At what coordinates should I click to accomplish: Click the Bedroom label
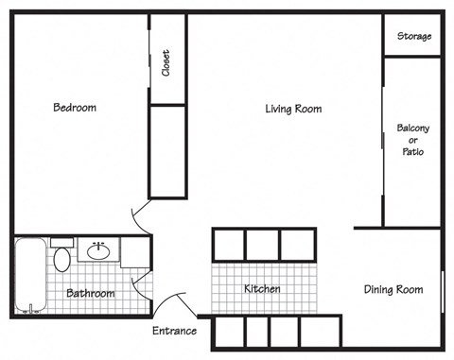pos(74,108)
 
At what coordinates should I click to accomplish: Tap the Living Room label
pos(292,109)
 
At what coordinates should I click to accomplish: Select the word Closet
pos(166,63)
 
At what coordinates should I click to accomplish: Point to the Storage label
pos(414,37)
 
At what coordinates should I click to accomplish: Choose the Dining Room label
pos(393,289)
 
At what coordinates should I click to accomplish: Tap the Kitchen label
pos(261,288)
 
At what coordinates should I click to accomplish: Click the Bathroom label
pos(90,294)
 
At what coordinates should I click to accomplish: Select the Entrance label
pos(174,331)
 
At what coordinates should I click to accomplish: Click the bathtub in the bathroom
pos(28,276)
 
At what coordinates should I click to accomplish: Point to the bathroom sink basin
pos(97,251)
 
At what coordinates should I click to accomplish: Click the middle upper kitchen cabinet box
pos(261,244)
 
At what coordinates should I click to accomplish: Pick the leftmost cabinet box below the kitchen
pos(229,333)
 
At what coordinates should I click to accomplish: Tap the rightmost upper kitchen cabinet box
pos(296,244)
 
